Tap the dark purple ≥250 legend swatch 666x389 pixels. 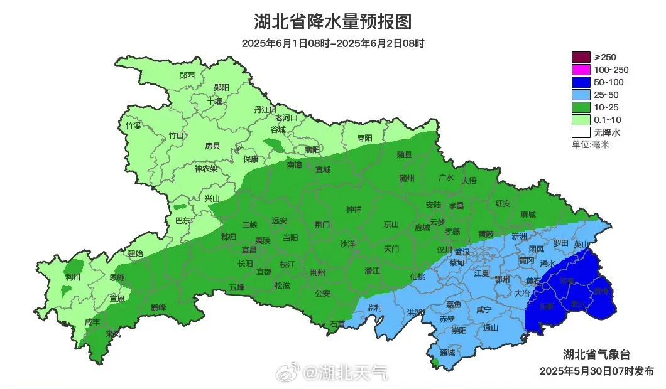(x=581, y=57)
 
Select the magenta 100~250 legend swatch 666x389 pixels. (x=581, y=70)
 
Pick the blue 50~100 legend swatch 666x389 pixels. (x=581, y=82)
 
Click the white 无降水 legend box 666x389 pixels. (x=581, y=132)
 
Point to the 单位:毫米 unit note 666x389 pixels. (x=591, y=145)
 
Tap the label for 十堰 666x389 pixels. (x=215, y=101)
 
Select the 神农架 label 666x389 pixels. (x=205, y=168)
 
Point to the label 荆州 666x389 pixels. (x=318, y=272)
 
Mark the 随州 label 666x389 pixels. (x=407, y=178)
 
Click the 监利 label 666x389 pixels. (x=374, y=307)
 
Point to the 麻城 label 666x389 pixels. (x=528, y=215)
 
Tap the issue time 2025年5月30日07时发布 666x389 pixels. (x=596, y=371)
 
